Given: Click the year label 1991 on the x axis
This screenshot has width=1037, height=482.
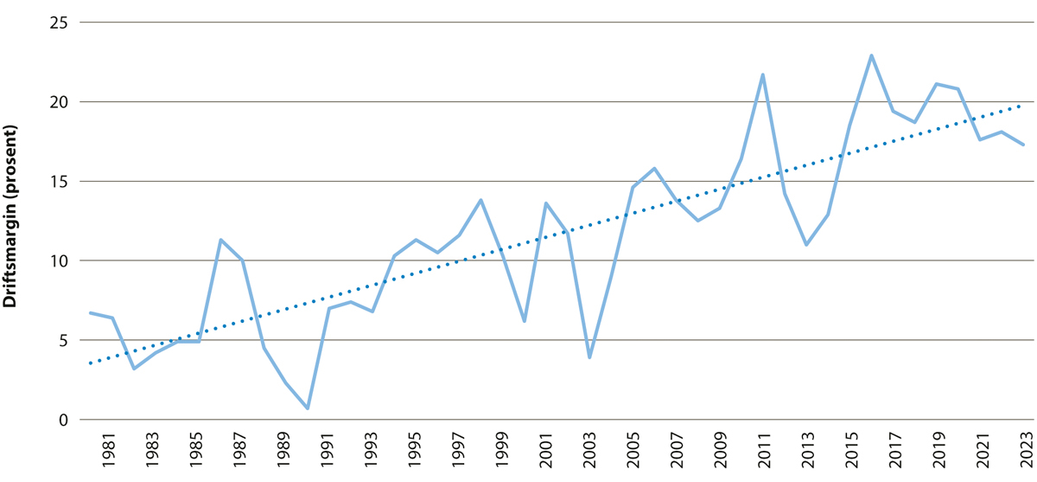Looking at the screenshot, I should click(x=325, y=451).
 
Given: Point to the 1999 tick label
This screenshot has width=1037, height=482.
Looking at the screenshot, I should click(x=500, y=451).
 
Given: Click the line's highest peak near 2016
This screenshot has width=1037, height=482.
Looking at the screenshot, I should click(x=871, y=55).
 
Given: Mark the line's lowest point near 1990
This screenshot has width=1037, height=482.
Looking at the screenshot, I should click(x=308, y=408).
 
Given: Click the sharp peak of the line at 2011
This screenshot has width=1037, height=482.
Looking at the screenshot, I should click(x=762, y=74).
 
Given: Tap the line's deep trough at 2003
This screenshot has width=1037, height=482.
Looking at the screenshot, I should click(x=588, y=357).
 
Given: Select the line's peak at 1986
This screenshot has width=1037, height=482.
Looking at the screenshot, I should click(x=221, y=240).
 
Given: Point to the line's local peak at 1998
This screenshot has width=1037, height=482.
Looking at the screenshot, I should click(x=480, y=200).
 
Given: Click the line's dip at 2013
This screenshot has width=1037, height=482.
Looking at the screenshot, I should click(x=805, y=245).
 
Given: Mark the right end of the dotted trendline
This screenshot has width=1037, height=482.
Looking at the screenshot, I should click(x=1022, y=105).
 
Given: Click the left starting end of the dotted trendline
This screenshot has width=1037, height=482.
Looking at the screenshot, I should click(x=90, y=363).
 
